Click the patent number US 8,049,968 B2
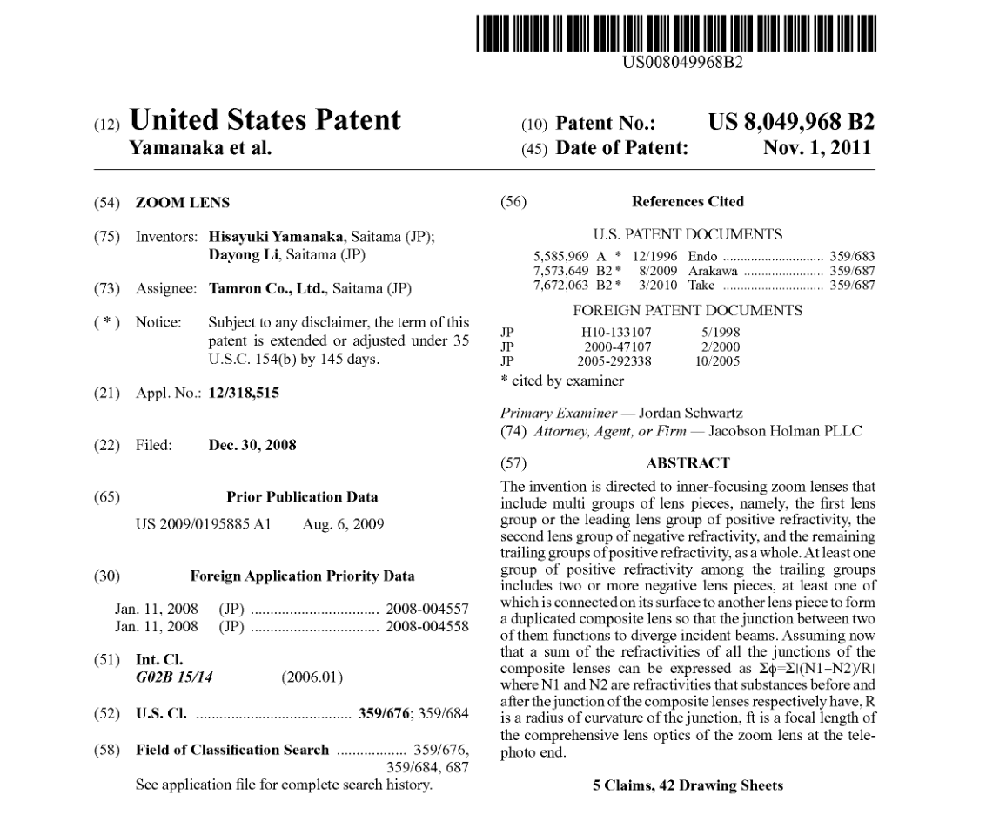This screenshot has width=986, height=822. pyautogui.click(x=792, y=123)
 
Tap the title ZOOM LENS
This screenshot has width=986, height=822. pyautogui.click(x=183, y=203)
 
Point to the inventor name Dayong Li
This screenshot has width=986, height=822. pyautogui.click(x=240, y=255)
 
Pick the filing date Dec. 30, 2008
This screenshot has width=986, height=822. pyautogui.click(x=252, y=445)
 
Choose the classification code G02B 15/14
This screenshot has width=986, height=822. pyautogui.click(x=173, y=677)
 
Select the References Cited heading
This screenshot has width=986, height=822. pyautogui.click(x=688, y=202)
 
